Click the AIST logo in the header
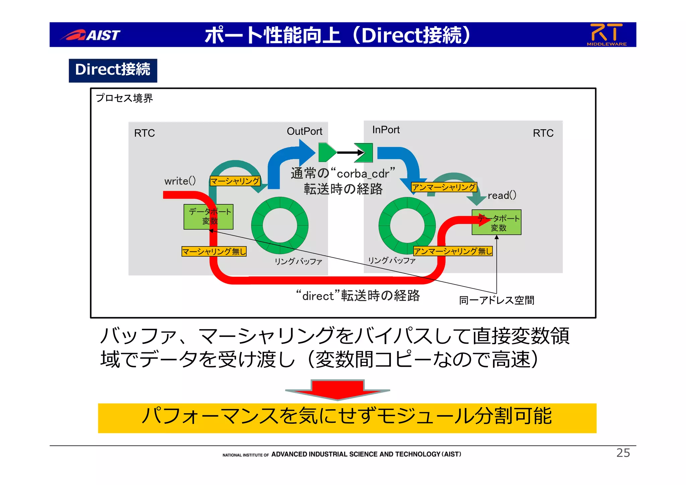click(90, 35)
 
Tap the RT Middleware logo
click(606, 34)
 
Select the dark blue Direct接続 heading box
click(113, 70)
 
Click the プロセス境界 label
click(124, 98)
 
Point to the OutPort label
click(304, 131)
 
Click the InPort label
click(386, 130)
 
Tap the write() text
click(180, 181)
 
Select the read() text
click(502, 195)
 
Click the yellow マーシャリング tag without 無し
click(235, 181)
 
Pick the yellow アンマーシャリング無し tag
click(453, 251)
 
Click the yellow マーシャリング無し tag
click(214, 251)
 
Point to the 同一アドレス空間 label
click(496, 300)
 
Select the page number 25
click(623, 453)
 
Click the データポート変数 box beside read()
click(496, 223)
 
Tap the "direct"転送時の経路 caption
click(358, 296)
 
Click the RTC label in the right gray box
click(543, 133)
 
